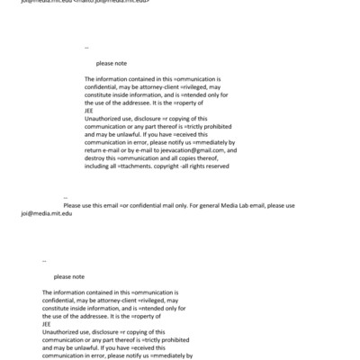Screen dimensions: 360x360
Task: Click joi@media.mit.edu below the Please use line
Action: pyautogui.click(x=46, y=212)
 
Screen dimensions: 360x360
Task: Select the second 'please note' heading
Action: pyautogui.click(x=69, y=276)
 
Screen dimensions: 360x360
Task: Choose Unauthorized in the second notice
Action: pyautogui.click(x=64, y=330)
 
